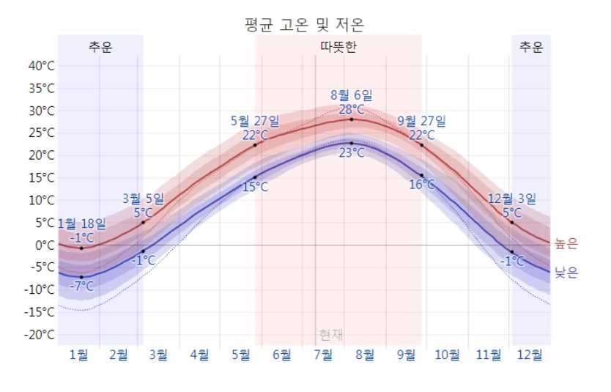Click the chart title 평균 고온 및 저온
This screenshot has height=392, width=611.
pos(304,24)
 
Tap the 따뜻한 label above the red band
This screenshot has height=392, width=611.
pos(338,48)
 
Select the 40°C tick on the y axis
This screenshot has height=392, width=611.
pos(42,66)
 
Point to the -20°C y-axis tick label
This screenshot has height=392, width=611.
pos(40,335)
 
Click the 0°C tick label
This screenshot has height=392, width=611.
pos(45,245)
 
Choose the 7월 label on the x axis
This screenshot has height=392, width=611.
pos(324,355)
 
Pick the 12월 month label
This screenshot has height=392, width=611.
pos(530,355)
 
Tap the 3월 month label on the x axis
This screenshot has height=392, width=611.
pos(158,355)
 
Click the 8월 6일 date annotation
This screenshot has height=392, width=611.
pos(352,95)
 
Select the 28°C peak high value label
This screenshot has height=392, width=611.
pos(352,108)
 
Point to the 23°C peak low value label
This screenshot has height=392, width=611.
pos(352,152)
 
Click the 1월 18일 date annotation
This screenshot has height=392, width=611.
pos(81,223)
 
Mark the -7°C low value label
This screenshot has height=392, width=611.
pos(81,286)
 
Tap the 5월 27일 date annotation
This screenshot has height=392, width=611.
pos(255,121)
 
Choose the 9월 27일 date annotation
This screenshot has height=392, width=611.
pos(421,121)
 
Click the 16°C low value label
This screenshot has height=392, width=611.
pos(422,185)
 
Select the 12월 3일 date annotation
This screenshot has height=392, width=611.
pos(512,199)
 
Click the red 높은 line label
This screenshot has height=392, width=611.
pos(566,243)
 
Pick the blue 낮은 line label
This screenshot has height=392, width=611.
pos(566,273)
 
